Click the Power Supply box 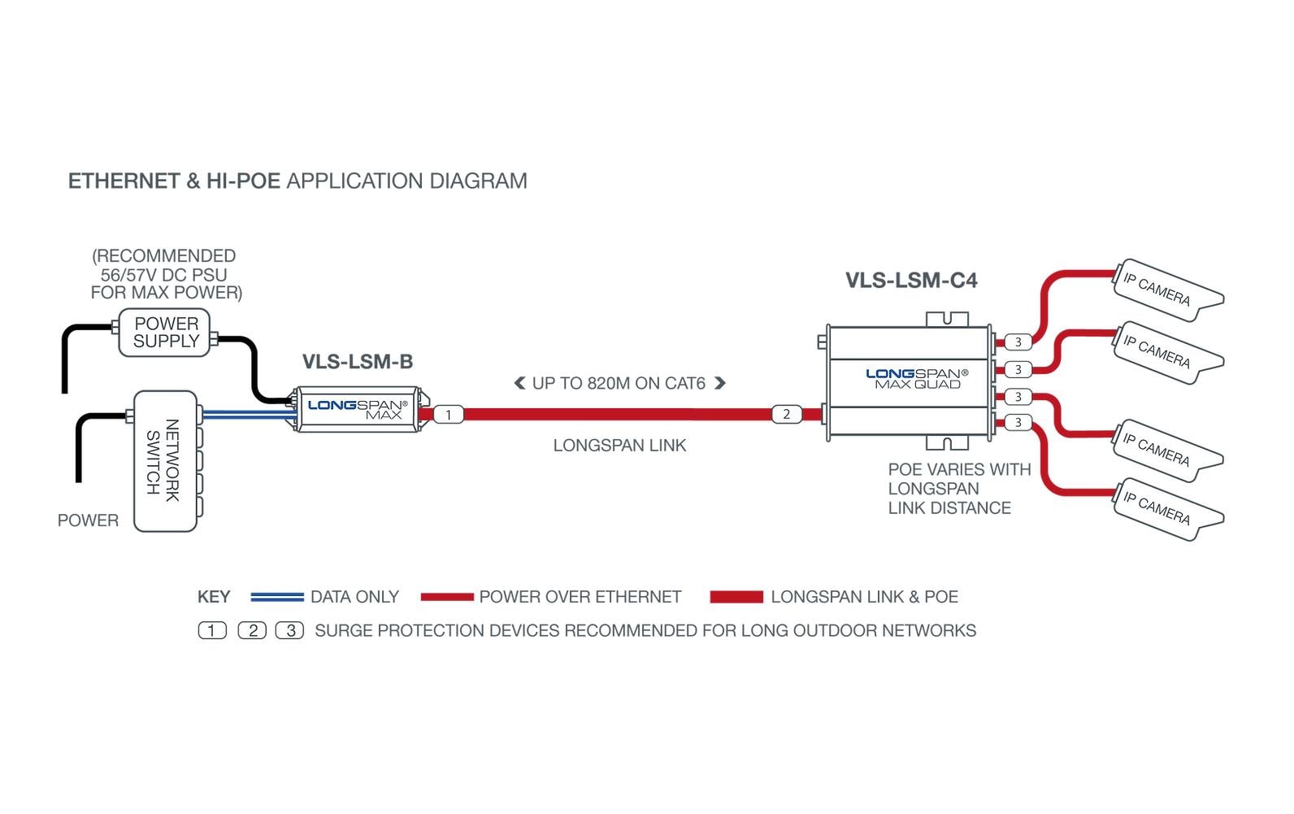click(165, 333)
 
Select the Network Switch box click(165, 461)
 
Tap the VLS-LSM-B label click(358, 362)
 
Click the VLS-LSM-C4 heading click(911, 281)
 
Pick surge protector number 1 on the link click(448, 415)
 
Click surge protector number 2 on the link click(786, 414)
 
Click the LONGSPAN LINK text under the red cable click(619, 446)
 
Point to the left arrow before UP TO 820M click(519, 383)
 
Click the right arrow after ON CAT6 click(719, 383)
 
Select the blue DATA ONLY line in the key click(276, 598)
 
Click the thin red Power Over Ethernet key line click(447, 598)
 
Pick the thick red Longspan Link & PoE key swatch click(736, 598)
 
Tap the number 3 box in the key click(289, 630)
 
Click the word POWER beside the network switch click(88, 520)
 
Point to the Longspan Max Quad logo click(917, 378)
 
